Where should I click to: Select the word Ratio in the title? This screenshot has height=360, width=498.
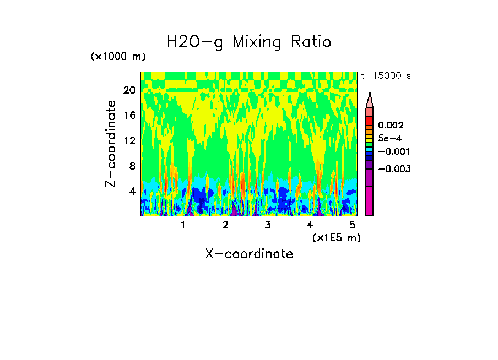(312, 42)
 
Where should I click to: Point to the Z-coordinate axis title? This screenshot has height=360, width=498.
(111, 144)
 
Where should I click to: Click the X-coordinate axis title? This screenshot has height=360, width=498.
(249, 254)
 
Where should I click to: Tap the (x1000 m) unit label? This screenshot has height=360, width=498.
(117, 57)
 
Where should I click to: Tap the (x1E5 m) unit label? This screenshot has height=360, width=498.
(336, 237)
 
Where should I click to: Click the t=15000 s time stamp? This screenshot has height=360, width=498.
(386, 75)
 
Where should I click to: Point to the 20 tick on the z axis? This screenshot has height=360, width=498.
(129, 90)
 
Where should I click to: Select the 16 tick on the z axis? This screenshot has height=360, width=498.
(129, 116)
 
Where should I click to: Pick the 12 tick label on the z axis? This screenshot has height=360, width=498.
(129, 141)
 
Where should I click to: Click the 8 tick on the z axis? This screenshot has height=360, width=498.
(132, 166)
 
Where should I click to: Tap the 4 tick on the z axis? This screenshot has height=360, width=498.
(132, 191)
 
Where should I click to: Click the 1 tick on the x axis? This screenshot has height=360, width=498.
(183, 225)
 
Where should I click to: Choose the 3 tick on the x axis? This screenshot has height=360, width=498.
(267, 225)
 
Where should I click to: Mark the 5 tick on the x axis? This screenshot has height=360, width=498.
(351, 225)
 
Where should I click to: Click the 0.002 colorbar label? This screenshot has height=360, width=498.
(390, 126)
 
